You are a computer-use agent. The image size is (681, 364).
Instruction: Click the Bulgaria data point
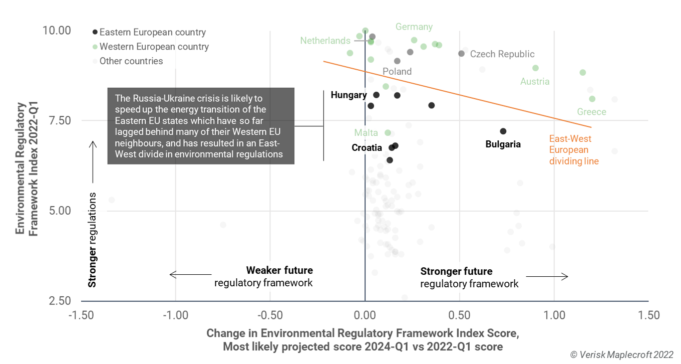click(503, 131)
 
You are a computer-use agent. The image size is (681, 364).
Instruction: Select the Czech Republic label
click(502, 54)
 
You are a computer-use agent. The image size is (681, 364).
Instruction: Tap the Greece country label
click(591, 112)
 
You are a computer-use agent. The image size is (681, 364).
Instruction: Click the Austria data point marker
click(535, 68)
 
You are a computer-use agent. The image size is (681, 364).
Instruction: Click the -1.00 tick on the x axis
click(175, 315)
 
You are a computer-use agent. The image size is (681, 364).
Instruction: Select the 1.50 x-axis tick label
click(648, 315)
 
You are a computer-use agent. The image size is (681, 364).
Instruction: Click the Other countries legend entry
click(131, 61)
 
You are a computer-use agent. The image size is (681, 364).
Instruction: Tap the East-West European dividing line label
click(574, 150)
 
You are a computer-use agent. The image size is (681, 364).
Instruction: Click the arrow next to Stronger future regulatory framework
click(547, 277)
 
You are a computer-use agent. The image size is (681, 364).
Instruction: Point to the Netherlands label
click(325, 41)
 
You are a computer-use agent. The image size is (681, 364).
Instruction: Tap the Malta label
click(366, 133)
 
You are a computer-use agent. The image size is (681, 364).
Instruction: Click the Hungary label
click(349, 95)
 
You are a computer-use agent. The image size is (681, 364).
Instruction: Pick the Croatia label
click(368, 148)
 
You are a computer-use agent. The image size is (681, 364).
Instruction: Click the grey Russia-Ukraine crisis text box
click(201, 126)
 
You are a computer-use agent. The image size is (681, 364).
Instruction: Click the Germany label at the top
click(414, 27)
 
